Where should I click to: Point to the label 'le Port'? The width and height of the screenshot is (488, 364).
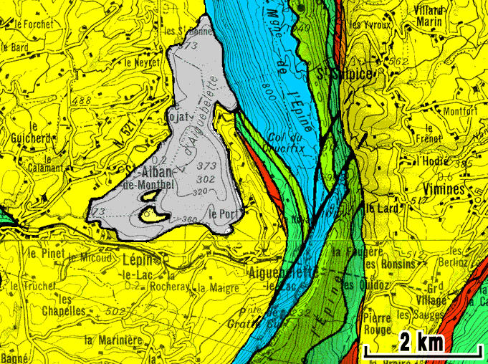point(224,213)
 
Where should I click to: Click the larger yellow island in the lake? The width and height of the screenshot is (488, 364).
point(151,214)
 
